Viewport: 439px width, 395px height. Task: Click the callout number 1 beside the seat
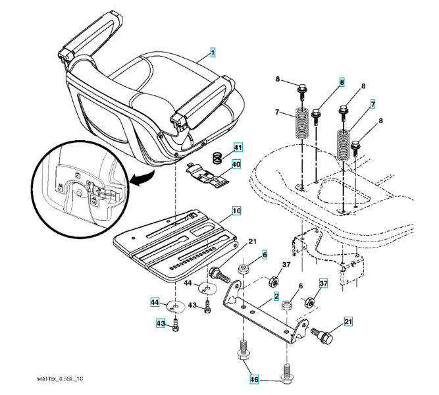pos(213,51)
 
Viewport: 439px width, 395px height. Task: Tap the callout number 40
pos(236,164)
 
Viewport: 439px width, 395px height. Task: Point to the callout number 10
pos(236,211)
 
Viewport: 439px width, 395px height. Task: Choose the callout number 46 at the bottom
pos(253,380)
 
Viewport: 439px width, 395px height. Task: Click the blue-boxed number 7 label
pos(373,104)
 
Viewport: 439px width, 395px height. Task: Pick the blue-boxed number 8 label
pos(342,82)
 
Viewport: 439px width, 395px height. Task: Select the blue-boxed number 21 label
pos(348,322)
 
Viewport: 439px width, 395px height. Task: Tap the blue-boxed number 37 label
pos(323,283)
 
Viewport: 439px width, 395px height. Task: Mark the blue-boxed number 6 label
pos(265,254)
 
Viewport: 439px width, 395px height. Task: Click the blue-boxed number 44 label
pos(154,302)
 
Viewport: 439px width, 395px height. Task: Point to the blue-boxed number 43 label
pos(160,323)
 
